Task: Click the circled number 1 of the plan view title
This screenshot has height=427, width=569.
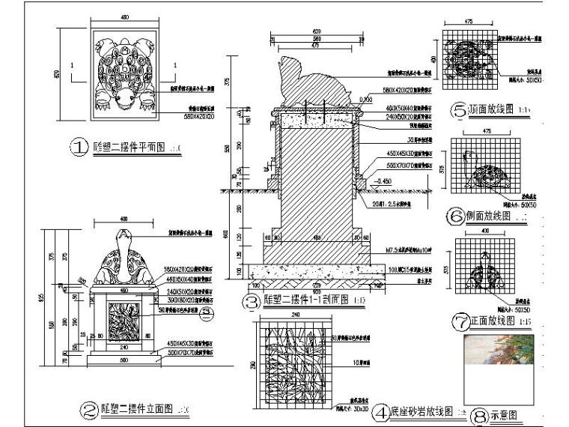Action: click(79, 148)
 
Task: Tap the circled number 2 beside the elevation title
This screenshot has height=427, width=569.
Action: click(88, 410)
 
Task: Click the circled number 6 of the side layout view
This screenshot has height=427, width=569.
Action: click(456, 216)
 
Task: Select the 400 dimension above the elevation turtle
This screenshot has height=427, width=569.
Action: click(124, 218)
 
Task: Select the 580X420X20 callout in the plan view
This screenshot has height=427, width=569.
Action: click(183, 116)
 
